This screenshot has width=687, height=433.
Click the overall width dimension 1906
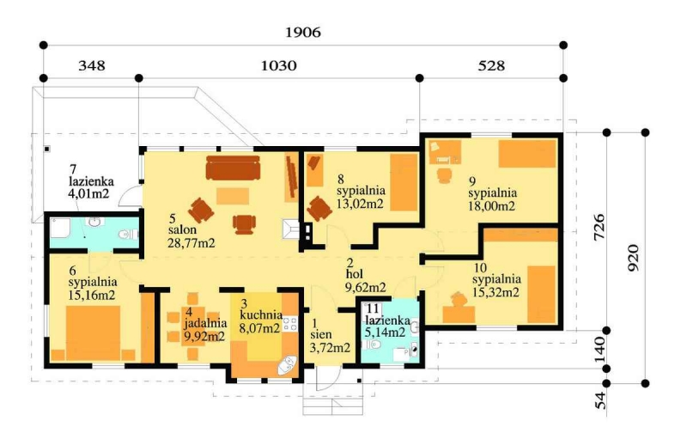tap(303, 33)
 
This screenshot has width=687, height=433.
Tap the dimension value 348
tap(92, 66)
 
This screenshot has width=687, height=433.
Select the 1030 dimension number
tap(278, 66)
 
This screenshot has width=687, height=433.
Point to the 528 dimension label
tap(491, 66)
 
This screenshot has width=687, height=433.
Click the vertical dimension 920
tap(634, 258)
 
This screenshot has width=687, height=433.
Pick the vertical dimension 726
tap(599, 227)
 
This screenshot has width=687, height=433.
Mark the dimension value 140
tap(600, 349)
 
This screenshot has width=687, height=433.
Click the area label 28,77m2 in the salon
tap(192, 243)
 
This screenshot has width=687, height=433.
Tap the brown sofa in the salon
tap(233, 168)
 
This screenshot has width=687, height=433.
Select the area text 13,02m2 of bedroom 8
tap(360, 204)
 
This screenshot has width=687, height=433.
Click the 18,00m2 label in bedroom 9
tap(491, 205)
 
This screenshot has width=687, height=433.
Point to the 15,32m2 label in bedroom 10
tap(496, 292)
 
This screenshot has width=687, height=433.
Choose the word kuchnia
tap(261, 314)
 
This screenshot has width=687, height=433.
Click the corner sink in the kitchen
tap(288, 365)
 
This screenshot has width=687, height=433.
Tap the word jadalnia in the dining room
tap(205, 323)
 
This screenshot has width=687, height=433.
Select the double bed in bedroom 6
tap(93, 333)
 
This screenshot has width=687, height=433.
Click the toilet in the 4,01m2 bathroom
tap(127, 235)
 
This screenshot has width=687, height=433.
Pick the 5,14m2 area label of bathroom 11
tap(385, 332)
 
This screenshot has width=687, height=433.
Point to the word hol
tap(355, 274)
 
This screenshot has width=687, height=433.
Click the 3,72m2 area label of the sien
tap(330, 348)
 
